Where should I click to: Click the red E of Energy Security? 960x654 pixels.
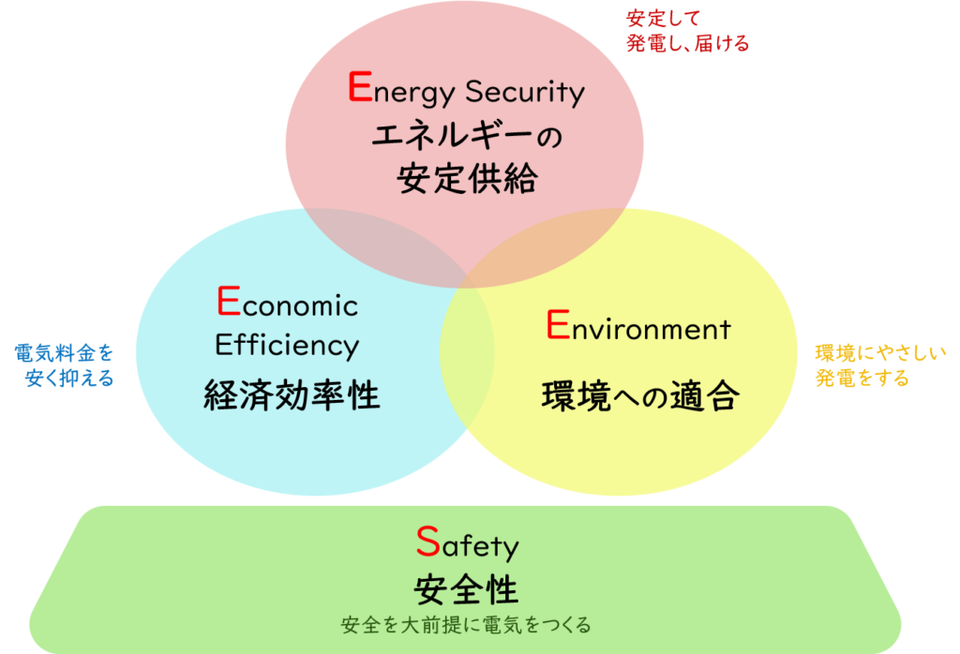tap(360, 86)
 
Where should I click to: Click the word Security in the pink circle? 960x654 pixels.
tap(525, 92)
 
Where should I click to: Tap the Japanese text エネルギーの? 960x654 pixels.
tap(467, 136)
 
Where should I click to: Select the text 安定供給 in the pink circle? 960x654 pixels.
tap(467, 179)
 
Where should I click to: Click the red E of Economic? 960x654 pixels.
tap(229, 301)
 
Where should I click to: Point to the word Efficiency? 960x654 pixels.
tap(287, 347)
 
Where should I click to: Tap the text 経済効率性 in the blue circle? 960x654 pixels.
tap(292, 394)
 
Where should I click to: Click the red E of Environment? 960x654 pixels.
tap(558, 324)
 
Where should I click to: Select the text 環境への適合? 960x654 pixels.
tap(640, 395)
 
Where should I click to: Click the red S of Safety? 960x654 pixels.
tap(427, 542)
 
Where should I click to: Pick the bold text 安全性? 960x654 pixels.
tap(467, 590)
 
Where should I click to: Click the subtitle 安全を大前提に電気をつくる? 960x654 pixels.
tap(466, 625)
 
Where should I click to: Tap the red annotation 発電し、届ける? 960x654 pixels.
tap(687, 43)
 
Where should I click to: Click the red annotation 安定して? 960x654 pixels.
tap(663, 19)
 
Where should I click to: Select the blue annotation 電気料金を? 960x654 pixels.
tap(65, 353)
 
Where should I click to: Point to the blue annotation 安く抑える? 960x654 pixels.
tap(69, 379)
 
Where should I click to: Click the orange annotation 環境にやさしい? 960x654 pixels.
tap(880, 353)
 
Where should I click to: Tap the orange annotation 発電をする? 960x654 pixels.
tap(862, 379)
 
